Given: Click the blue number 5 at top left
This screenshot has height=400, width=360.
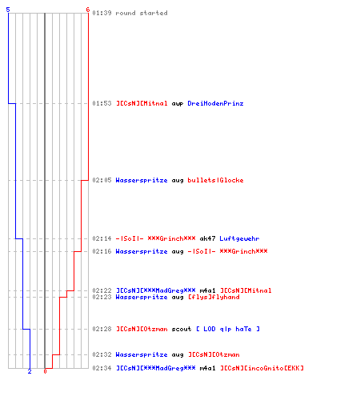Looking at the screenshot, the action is pyautogui.click(x=8, y=10).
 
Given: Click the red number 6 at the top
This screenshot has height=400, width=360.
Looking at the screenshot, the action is pyautogui.click(x=88, y=10).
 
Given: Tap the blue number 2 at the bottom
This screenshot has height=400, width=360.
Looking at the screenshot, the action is pyautogui.click(x=30, y=371).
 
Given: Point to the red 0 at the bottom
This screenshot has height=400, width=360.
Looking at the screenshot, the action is pyautogui.click(x=45, y=371).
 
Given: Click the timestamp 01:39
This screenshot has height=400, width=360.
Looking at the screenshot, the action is pyautogui.click(x=102, y=13).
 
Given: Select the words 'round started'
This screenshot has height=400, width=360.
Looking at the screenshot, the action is pyautogui.click(x=142, y=13).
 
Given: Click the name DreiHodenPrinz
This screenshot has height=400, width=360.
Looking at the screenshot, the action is pyautogui.click(x=215, y=103).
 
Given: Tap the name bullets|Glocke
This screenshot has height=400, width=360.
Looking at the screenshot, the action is pyautogui.click(x=215, y=180).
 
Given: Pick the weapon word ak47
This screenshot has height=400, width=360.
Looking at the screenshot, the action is pyautogui.click(x=207, y=238).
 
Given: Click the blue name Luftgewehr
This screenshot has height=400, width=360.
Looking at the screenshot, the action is pyautogui.click(x=239, y=238).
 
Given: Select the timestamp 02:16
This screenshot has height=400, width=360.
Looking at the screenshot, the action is pyautogui.click(x=102, y=251).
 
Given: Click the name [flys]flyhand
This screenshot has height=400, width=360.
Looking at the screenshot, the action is pyautogui.click(x=214, y=297).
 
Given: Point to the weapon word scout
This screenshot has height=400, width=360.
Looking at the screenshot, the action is pyautogui.click(x=182, y=329).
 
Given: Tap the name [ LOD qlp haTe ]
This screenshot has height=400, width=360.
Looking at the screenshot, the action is pyautogui.click(x=228, y=329).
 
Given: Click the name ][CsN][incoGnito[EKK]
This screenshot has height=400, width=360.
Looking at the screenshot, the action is pyautogui.click(x=262, y=368).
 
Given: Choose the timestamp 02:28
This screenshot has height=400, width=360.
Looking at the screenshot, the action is pyautogui.click(x=102, y=329).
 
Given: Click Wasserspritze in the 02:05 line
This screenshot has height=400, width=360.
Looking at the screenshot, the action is pyautogui.click(x=142, y=180).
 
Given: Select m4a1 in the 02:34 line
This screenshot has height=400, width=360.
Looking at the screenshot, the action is pyautogui.click(x=207, y=368).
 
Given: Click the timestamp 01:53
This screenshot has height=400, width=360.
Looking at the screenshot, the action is pyautogui.click(x=102, y=103).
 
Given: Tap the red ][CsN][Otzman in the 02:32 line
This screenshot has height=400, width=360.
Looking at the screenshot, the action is pyautogui.click(x=214, y=354).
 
